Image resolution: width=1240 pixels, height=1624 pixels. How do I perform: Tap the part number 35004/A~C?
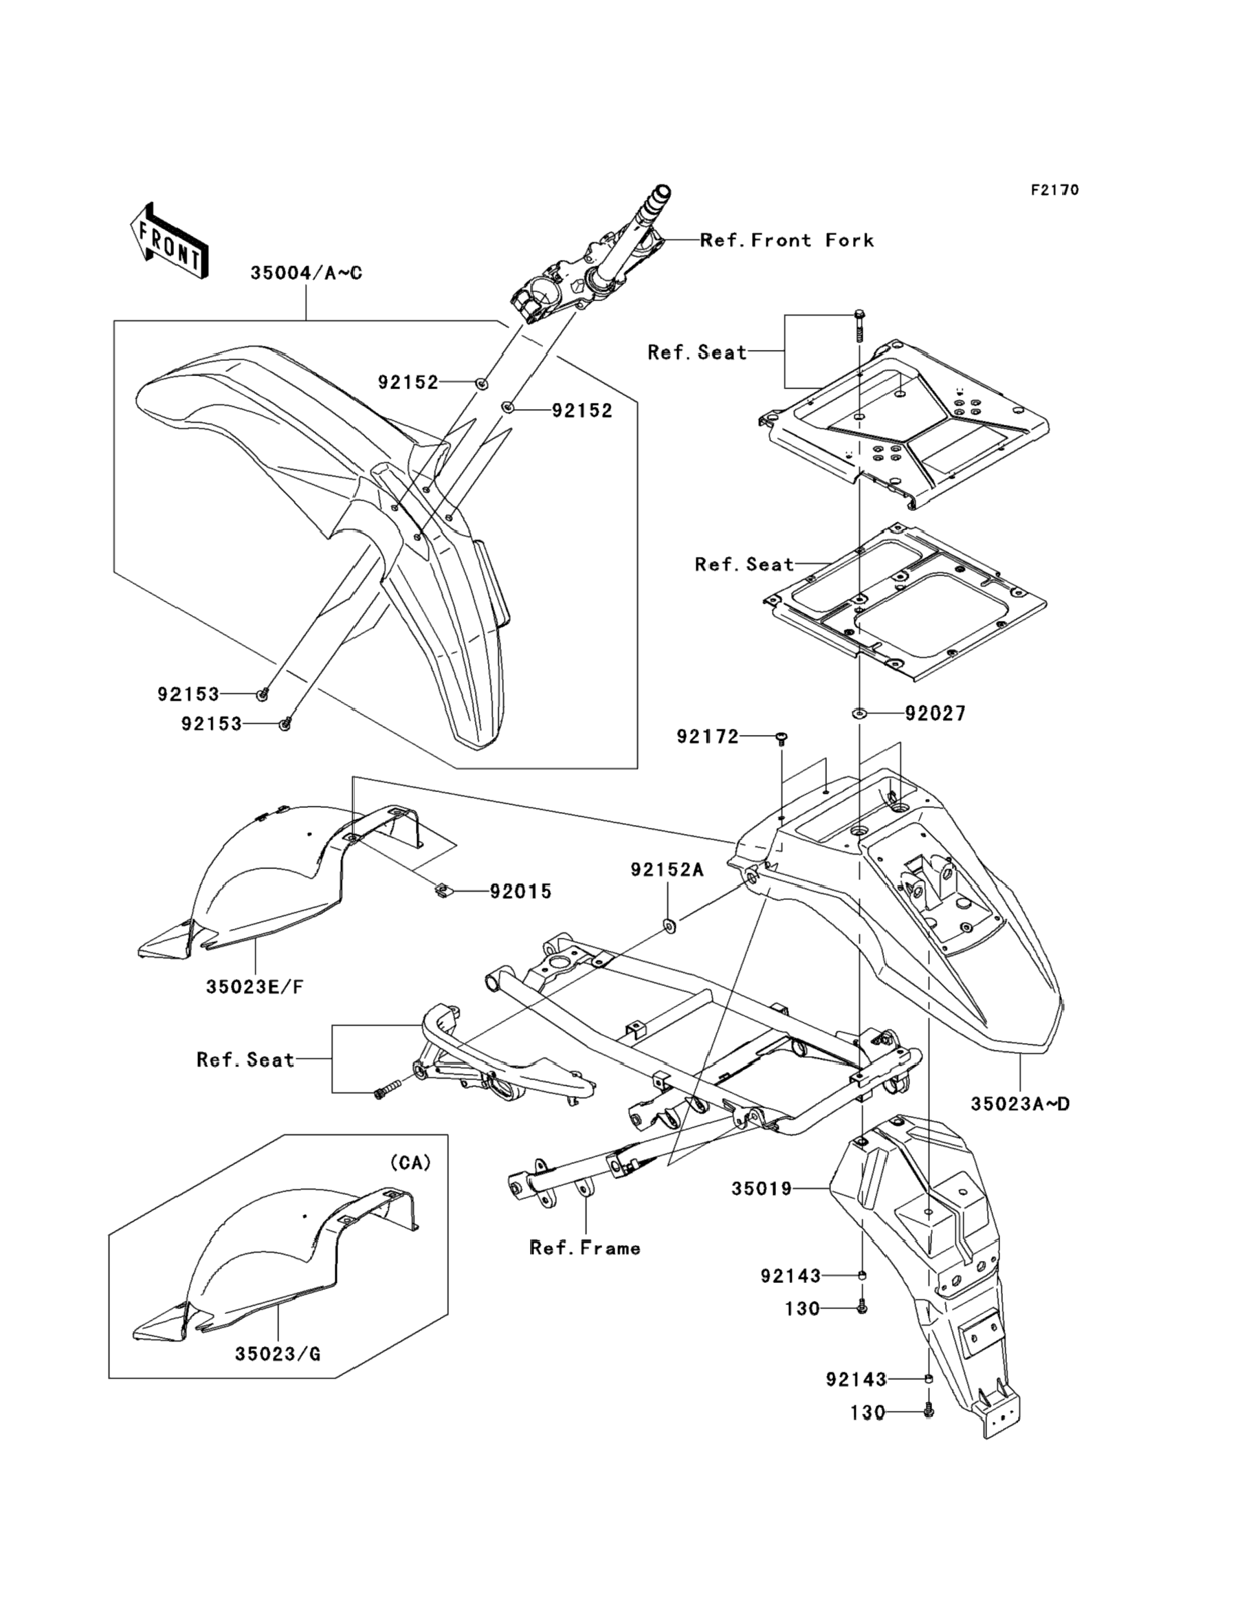click(307, 273)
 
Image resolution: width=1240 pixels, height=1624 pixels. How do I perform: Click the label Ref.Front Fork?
click(787, 240)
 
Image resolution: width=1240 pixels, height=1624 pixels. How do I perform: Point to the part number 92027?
click(935, 713)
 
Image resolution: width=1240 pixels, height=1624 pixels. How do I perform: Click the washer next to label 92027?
click(859, 713)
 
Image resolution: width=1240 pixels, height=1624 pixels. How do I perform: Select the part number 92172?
click(708, 736)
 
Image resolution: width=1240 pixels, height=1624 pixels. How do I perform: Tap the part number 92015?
click(521, 892)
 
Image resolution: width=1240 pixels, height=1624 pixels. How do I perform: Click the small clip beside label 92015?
click(441, 891)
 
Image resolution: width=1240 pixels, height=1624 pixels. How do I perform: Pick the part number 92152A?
click(667, 870)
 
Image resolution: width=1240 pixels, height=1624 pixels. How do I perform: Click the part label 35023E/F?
click(254, 986)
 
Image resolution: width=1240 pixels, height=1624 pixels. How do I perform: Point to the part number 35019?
click(762, 1189)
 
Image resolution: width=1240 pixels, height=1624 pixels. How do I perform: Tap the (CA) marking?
click(410, 1163)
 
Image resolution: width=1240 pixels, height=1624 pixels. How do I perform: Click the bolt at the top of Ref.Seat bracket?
click(860, 325)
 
